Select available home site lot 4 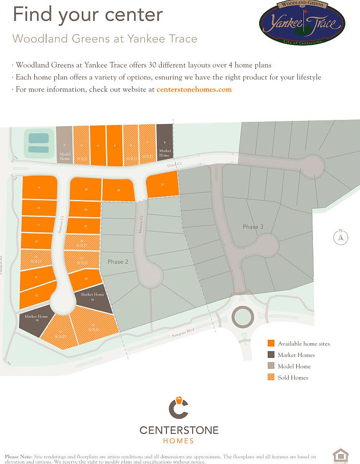coord(98,145)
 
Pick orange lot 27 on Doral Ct coord(162,185)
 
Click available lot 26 coord(118,190)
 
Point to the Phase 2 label coord(118,262)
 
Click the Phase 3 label coord(253,227)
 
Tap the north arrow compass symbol coord(341,237)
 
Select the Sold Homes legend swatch coord(271,377)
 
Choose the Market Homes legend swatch coord(271,355)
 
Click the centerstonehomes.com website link coord(194,89)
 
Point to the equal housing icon coord(340,455)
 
